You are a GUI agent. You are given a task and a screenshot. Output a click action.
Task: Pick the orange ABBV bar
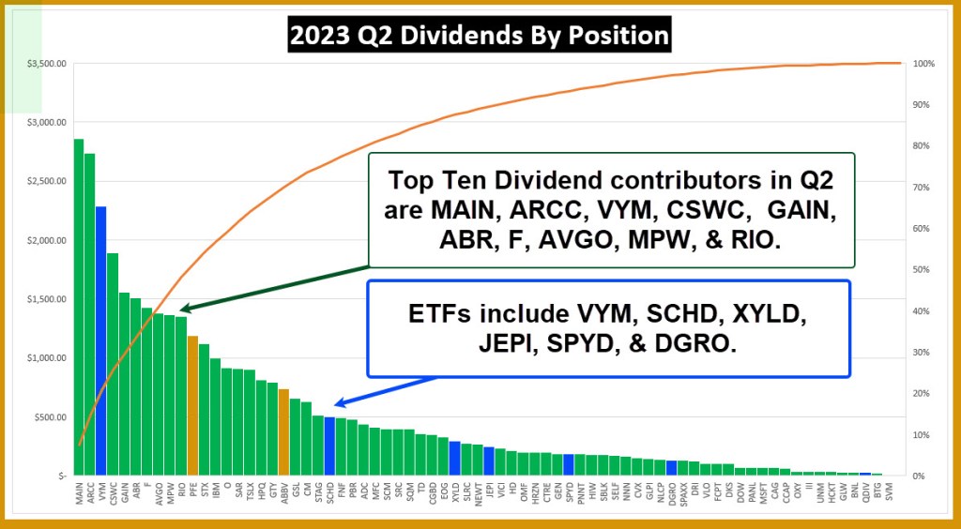tap(283, 432)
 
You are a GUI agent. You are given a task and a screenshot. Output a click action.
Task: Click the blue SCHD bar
tap(329, 446)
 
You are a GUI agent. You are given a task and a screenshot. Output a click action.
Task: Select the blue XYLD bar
tap(454, 459)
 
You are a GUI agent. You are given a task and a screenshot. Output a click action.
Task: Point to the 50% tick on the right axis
tap(923, 270)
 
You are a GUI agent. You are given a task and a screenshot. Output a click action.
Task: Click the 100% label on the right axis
tap(924, 64)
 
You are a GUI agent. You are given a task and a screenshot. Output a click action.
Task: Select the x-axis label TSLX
tap(250, 490)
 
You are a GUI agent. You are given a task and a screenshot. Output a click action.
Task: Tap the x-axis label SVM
tap(889, 489)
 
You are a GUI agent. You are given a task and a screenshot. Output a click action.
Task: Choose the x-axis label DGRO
tap(671, 491)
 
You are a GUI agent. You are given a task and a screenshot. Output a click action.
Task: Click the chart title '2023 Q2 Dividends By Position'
tap(479, 36)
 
